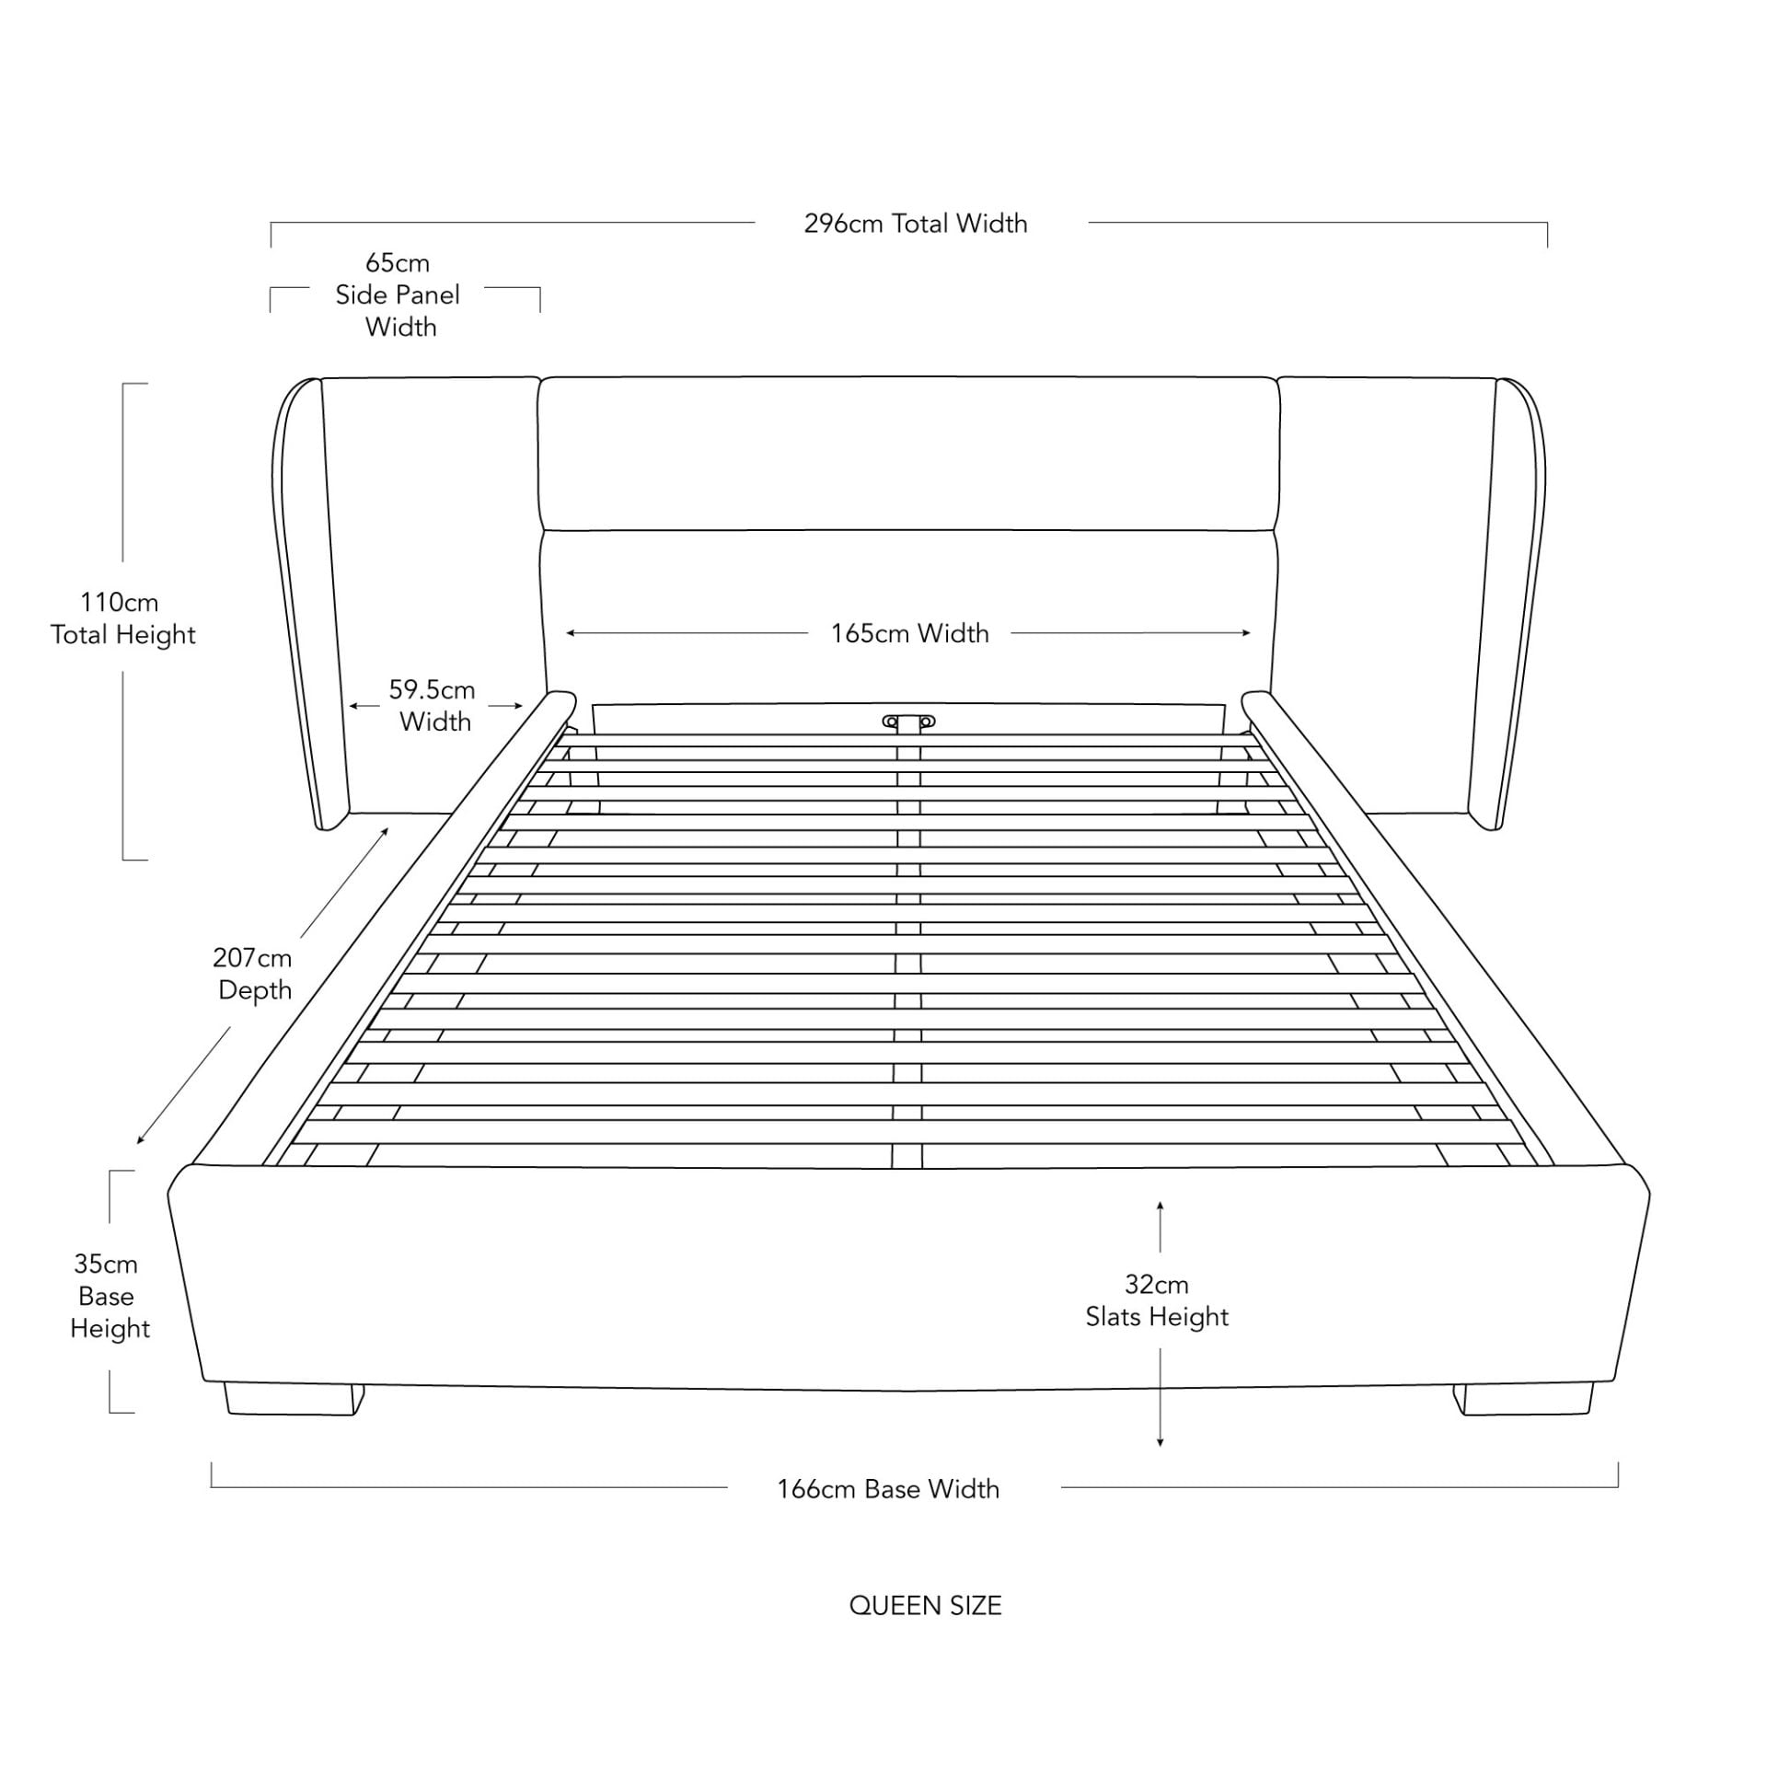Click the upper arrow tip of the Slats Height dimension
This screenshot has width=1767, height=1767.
(1160, 1202)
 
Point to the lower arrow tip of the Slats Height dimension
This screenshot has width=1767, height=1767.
(1160, 1447)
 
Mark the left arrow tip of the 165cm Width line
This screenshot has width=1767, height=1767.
(567, 633)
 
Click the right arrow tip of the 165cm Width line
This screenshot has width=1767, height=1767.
(1251, 633)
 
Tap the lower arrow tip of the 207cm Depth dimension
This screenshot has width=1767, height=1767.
(137, 1144)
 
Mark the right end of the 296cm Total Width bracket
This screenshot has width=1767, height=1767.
(1547, 247)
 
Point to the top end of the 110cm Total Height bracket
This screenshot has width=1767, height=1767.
(123, 384)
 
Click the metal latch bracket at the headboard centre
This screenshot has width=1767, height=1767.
(908, 722)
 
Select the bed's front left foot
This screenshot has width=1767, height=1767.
(293, 1400)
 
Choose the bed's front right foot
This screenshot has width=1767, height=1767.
(1522, 1399)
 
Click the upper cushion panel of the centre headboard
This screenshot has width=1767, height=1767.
(908, 454)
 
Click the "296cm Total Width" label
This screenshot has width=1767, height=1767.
(916, 224)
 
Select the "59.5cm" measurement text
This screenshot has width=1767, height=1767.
(432, 689)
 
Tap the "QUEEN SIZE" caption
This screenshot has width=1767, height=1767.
(925, 1606)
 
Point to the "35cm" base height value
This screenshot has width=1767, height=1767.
(106, 1264)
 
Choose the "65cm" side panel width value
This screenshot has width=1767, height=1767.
(398, 263)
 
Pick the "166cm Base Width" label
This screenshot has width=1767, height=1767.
(888, 1489)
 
